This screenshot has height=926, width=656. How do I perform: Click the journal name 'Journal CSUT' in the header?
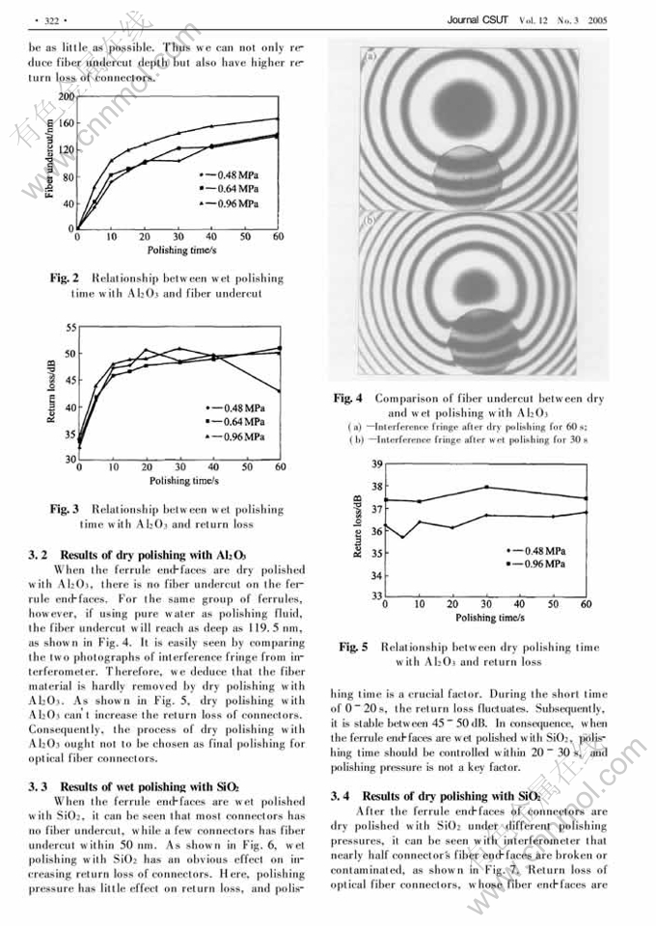point(479,18)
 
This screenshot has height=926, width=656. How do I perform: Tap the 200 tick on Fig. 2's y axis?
point(67,97)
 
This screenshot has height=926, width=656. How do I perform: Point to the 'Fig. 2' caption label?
point(65,278)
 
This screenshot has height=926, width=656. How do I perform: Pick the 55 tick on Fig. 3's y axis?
point(70,329)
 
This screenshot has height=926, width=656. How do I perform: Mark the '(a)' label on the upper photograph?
point(369,57)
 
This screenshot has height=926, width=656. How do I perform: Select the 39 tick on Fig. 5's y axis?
point(377,464)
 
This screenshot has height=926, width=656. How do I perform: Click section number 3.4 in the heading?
point(340,796)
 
